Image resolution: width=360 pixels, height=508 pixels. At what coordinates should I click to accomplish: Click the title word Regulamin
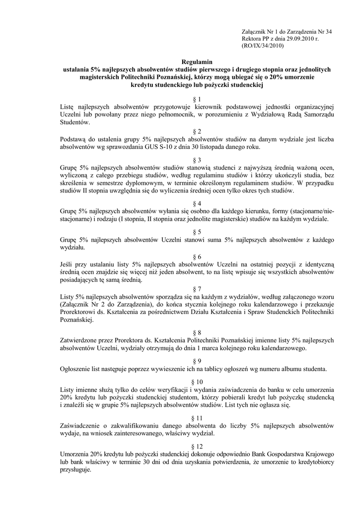pos(197,62)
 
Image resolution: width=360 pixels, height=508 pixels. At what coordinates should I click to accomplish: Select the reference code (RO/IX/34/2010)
pos(262,46)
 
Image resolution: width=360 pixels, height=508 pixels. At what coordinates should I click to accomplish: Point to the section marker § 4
pos(197,203)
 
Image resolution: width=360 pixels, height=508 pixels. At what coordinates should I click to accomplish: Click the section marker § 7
pos(197,289)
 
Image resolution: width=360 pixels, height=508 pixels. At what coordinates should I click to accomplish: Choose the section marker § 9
pos(197,361)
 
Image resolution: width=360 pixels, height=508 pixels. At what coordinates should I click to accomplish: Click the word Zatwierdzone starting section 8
pos(80,340)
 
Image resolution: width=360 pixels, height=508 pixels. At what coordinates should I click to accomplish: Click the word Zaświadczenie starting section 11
pos(83,426)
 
